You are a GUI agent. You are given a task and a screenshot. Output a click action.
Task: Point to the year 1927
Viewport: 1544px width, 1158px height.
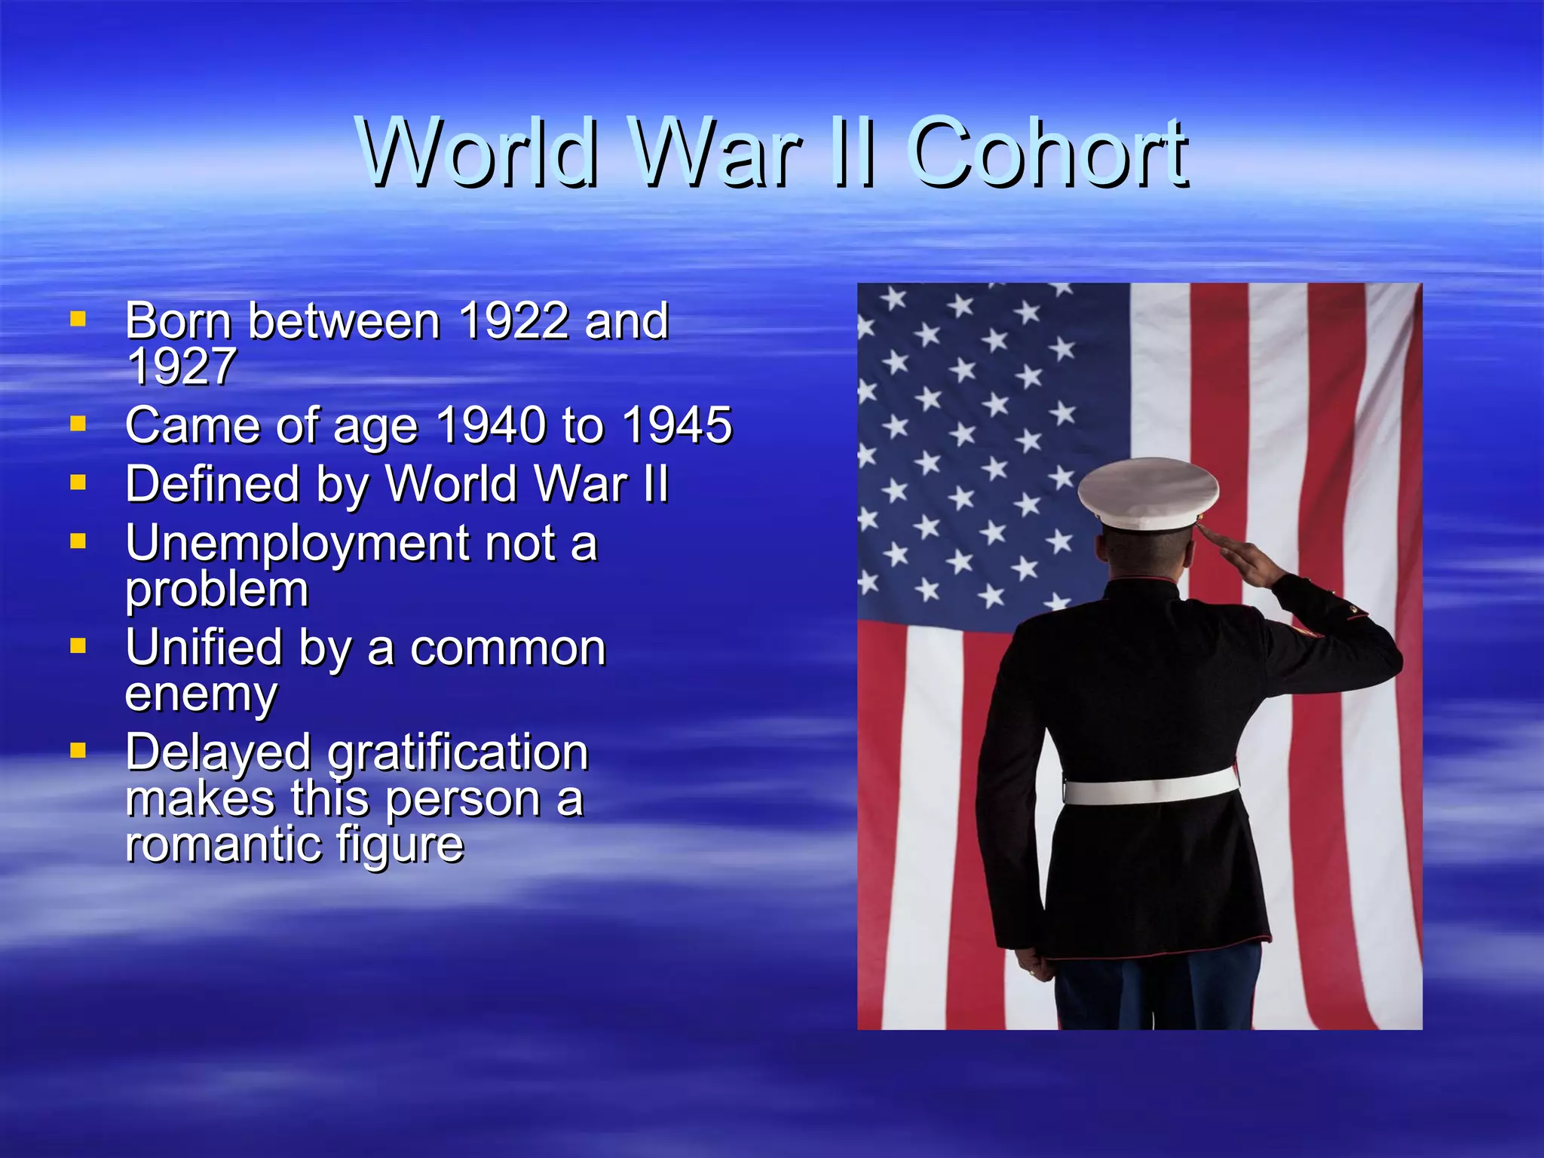[x=181, y=367]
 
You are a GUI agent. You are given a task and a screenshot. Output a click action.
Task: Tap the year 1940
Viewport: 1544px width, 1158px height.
[x=491, y=425]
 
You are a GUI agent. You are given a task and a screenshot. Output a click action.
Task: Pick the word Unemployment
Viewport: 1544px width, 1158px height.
[x=297, y=544]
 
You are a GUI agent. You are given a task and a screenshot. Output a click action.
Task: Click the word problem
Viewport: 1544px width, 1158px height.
[x=217, y=590]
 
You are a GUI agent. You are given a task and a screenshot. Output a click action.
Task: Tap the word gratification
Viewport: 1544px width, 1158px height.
[x=458, y=753]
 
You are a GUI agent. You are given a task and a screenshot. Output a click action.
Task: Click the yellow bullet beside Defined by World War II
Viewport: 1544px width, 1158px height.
[x=78, y=482]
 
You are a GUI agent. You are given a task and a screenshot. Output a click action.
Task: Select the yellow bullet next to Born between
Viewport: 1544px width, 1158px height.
[x=78, y=319]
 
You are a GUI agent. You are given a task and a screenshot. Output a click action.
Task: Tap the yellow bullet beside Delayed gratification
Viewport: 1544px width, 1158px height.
[x=78, y=750]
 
